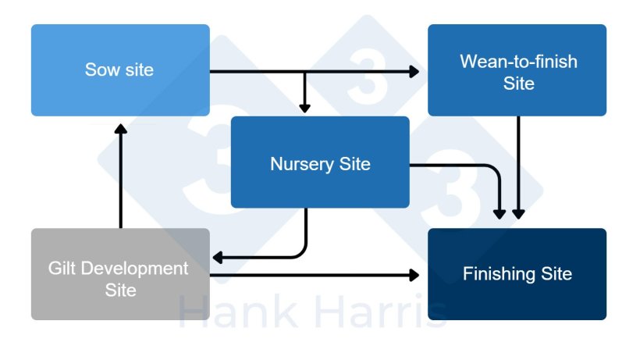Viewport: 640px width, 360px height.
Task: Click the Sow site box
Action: (x=120, y=70)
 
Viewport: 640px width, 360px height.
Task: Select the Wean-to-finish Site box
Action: (x=517, y=70)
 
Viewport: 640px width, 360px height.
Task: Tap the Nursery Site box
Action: (x=320, y=162)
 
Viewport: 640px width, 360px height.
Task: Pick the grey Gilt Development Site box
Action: (x=120, y=273)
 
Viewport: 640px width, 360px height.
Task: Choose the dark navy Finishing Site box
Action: (x=517, y=273)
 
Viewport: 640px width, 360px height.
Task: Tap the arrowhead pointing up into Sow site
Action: (x=120, y=128)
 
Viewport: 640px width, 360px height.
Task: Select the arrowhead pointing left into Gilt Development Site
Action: (x=219, y=257)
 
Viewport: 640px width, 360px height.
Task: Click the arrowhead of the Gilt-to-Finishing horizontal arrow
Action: (x=414, y=275)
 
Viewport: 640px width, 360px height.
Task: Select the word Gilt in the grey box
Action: (x=63, y=269)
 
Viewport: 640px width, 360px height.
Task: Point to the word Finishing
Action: (x=497, y=274)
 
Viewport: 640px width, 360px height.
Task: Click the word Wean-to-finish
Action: (x=518, y=61)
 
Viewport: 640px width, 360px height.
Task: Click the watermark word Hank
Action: (x=233, y=312)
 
